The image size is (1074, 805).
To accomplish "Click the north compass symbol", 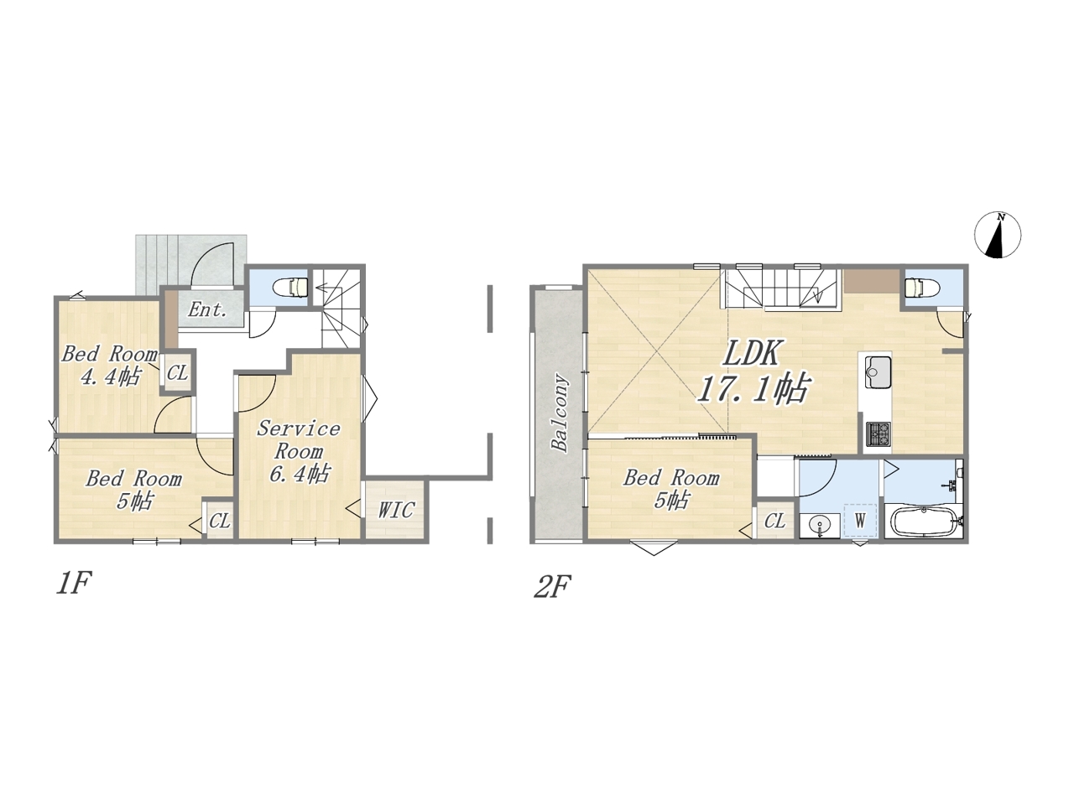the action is pos(998,235).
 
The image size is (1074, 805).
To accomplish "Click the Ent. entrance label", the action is pos(207,309).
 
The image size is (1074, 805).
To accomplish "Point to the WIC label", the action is pos(396,511).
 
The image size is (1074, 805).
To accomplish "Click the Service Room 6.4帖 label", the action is pos(299,452).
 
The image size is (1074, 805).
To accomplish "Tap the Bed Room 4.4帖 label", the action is pos(109,365).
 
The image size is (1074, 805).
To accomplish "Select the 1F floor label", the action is pos(74,584).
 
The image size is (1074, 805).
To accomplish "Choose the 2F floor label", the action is pos(552,586).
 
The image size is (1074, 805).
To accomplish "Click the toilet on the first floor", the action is pos(293,287).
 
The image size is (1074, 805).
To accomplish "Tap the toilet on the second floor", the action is pos(920,288).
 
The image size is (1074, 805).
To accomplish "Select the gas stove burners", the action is pos(878,434).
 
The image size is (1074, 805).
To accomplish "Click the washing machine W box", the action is pos(860,521).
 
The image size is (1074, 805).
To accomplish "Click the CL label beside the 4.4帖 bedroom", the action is pos(177,373).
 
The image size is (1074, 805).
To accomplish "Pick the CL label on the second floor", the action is pos(774,521).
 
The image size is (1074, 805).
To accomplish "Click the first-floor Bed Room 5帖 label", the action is pos(133,489).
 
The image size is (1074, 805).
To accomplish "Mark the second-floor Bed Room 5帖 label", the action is pos(670,488).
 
